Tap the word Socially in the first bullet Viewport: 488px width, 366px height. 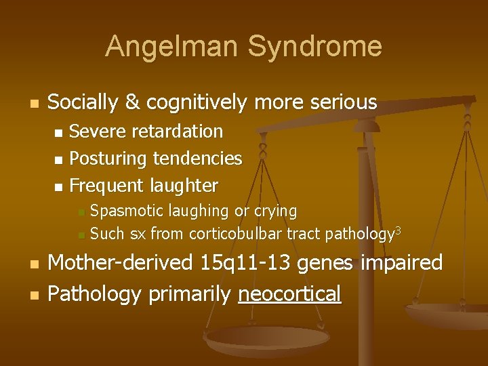(x=83, y=102)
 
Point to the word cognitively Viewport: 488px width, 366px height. (x=196, y=103)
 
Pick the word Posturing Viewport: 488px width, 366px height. (x=108, y=159)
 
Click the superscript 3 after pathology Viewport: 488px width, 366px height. (x=399, y=231)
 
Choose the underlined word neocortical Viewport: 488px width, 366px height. (x=289, y=294)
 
